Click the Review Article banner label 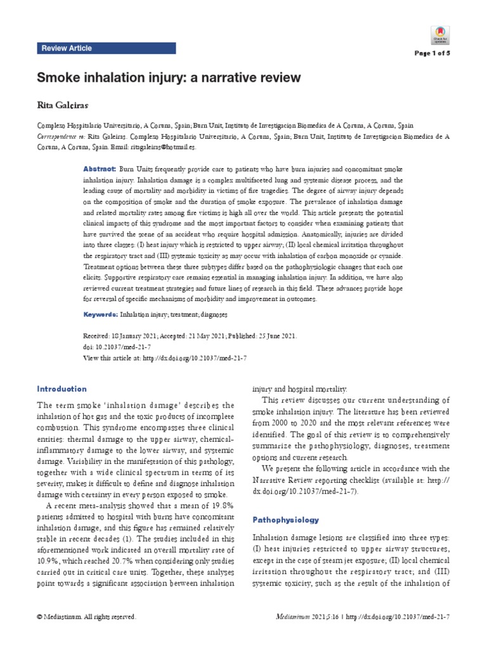pos(66,48)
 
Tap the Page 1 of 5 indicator pos(432,53)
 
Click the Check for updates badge pos(439,34)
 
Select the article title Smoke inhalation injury pos(171,77)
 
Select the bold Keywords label pos(101,314)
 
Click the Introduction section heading pos(62,389)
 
